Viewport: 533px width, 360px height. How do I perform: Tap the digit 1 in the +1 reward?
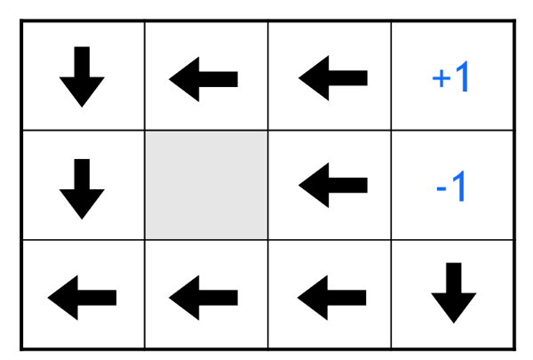462,78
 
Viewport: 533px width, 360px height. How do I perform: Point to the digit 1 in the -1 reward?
459,188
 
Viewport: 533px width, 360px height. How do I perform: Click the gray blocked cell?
206,185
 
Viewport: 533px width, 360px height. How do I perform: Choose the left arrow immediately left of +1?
333,78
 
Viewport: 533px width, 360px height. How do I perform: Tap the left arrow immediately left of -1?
333,187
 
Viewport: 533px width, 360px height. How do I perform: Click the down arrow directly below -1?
455,292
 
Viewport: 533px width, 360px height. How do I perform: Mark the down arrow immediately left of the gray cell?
82,188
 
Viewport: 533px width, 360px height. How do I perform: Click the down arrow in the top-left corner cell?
82,77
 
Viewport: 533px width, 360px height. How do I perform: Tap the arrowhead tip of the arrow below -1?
455,320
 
